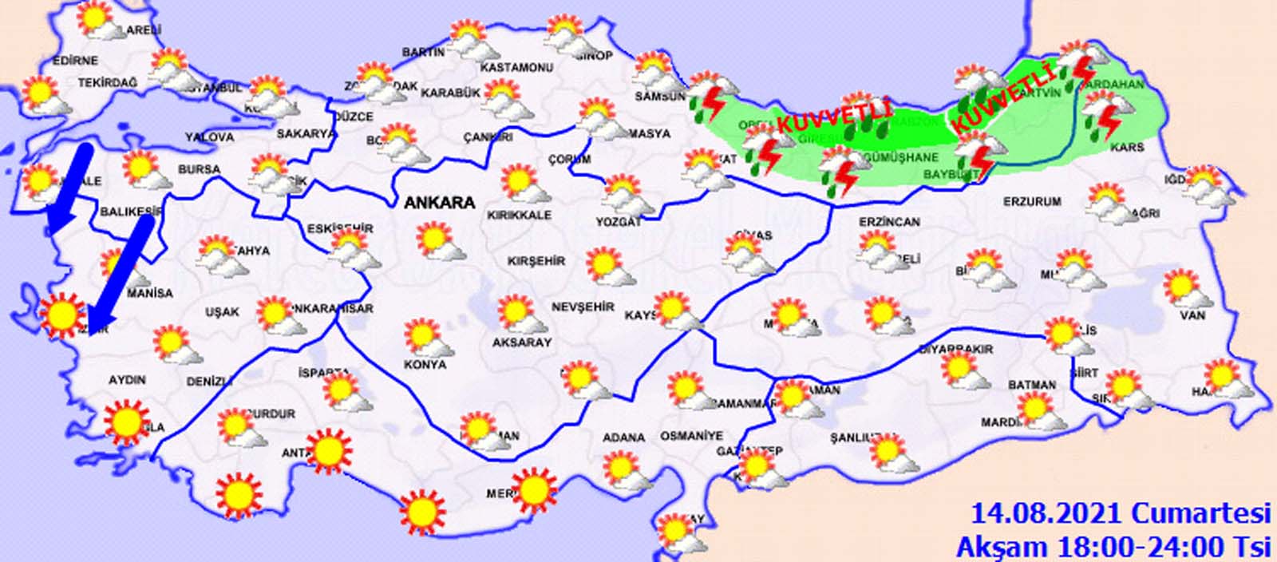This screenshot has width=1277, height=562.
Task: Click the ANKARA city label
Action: click(440, 203)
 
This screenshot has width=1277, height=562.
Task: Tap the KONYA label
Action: click(426, 364)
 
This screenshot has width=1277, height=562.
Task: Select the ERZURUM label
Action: click(1032, 202)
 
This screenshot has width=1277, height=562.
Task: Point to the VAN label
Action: click(1193, 315)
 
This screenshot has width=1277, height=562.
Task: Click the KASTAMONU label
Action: click(517, 68)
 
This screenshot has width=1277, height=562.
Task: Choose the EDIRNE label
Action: click(75, 60)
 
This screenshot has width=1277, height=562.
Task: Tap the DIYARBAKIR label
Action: click(955, 349)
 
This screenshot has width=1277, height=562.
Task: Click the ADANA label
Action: click(624, 437)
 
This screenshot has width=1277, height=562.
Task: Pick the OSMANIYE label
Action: click(691, 436)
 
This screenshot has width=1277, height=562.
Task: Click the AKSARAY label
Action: click(522, 342)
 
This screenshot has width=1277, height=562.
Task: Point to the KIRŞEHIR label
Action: click(536, 261)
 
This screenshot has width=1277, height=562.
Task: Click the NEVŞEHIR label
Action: click(583, 307)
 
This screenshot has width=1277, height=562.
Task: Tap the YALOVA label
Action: click(210, 137)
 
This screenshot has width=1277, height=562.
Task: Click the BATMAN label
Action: click(1032, 385)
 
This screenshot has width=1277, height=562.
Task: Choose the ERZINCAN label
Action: click(889, 222)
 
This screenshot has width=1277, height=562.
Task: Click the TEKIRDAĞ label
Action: click(108, 83)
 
